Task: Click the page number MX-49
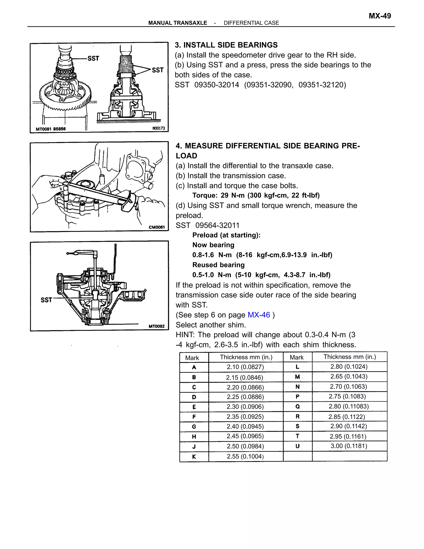379,16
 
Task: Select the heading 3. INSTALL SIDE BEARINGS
226,45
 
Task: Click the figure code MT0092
156,326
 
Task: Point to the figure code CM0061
157,227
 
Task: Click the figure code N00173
159,128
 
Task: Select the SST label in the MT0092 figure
46,300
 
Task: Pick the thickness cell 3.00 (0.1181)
349,446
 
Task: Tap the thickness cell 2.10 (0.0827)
245,367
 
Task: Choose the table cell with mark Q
298,406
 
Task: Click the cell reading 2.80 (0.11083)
349,406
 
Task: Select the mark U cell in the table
298,446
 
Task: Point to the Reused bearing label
218,265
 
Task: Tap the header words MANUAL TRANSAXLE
178,23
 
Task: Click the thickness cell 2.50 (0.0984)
245,446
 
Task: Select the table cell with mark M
298,377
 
